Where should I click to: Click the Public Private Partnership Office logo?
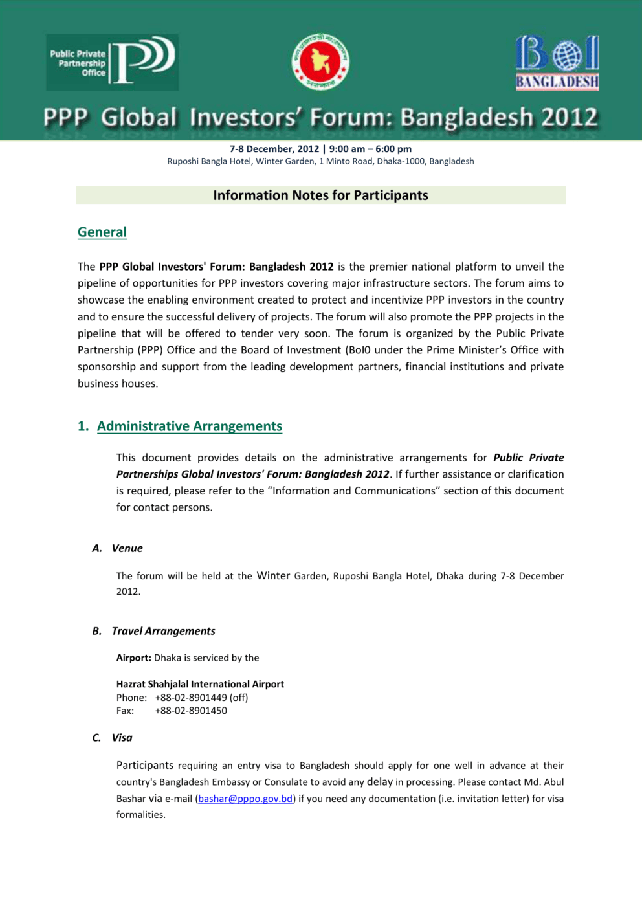pos(113,62)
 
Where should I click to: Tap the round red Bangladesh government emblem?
pos(320,62)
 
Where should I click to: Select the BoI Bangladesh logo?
pos(557,62)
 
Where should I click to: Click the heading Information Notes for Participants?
pos(320,195)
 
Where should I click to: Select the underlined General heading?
pos(102,232)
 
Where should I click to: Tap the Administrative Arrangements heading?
pos(190,426)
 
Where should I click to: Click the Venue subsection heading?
pos(127,548)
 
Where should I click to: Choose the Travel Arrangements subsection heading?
pos(163,631)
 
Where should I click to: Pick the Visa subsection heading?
pos(122,738)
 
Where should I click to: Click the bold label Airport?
pos(134,658)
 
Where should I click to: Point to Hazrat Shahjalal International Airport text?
pos(200,684)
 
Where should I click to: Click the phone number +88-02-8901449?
pos(191,698)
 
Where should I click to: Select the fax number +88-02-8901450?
pos(191,711)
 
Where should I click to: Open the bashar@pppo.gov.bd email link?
pos(245,799)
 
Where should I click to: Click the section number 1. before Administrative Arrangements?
pos(83,426)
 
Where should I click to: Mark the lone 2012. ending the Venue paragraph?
pos(128,592)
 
